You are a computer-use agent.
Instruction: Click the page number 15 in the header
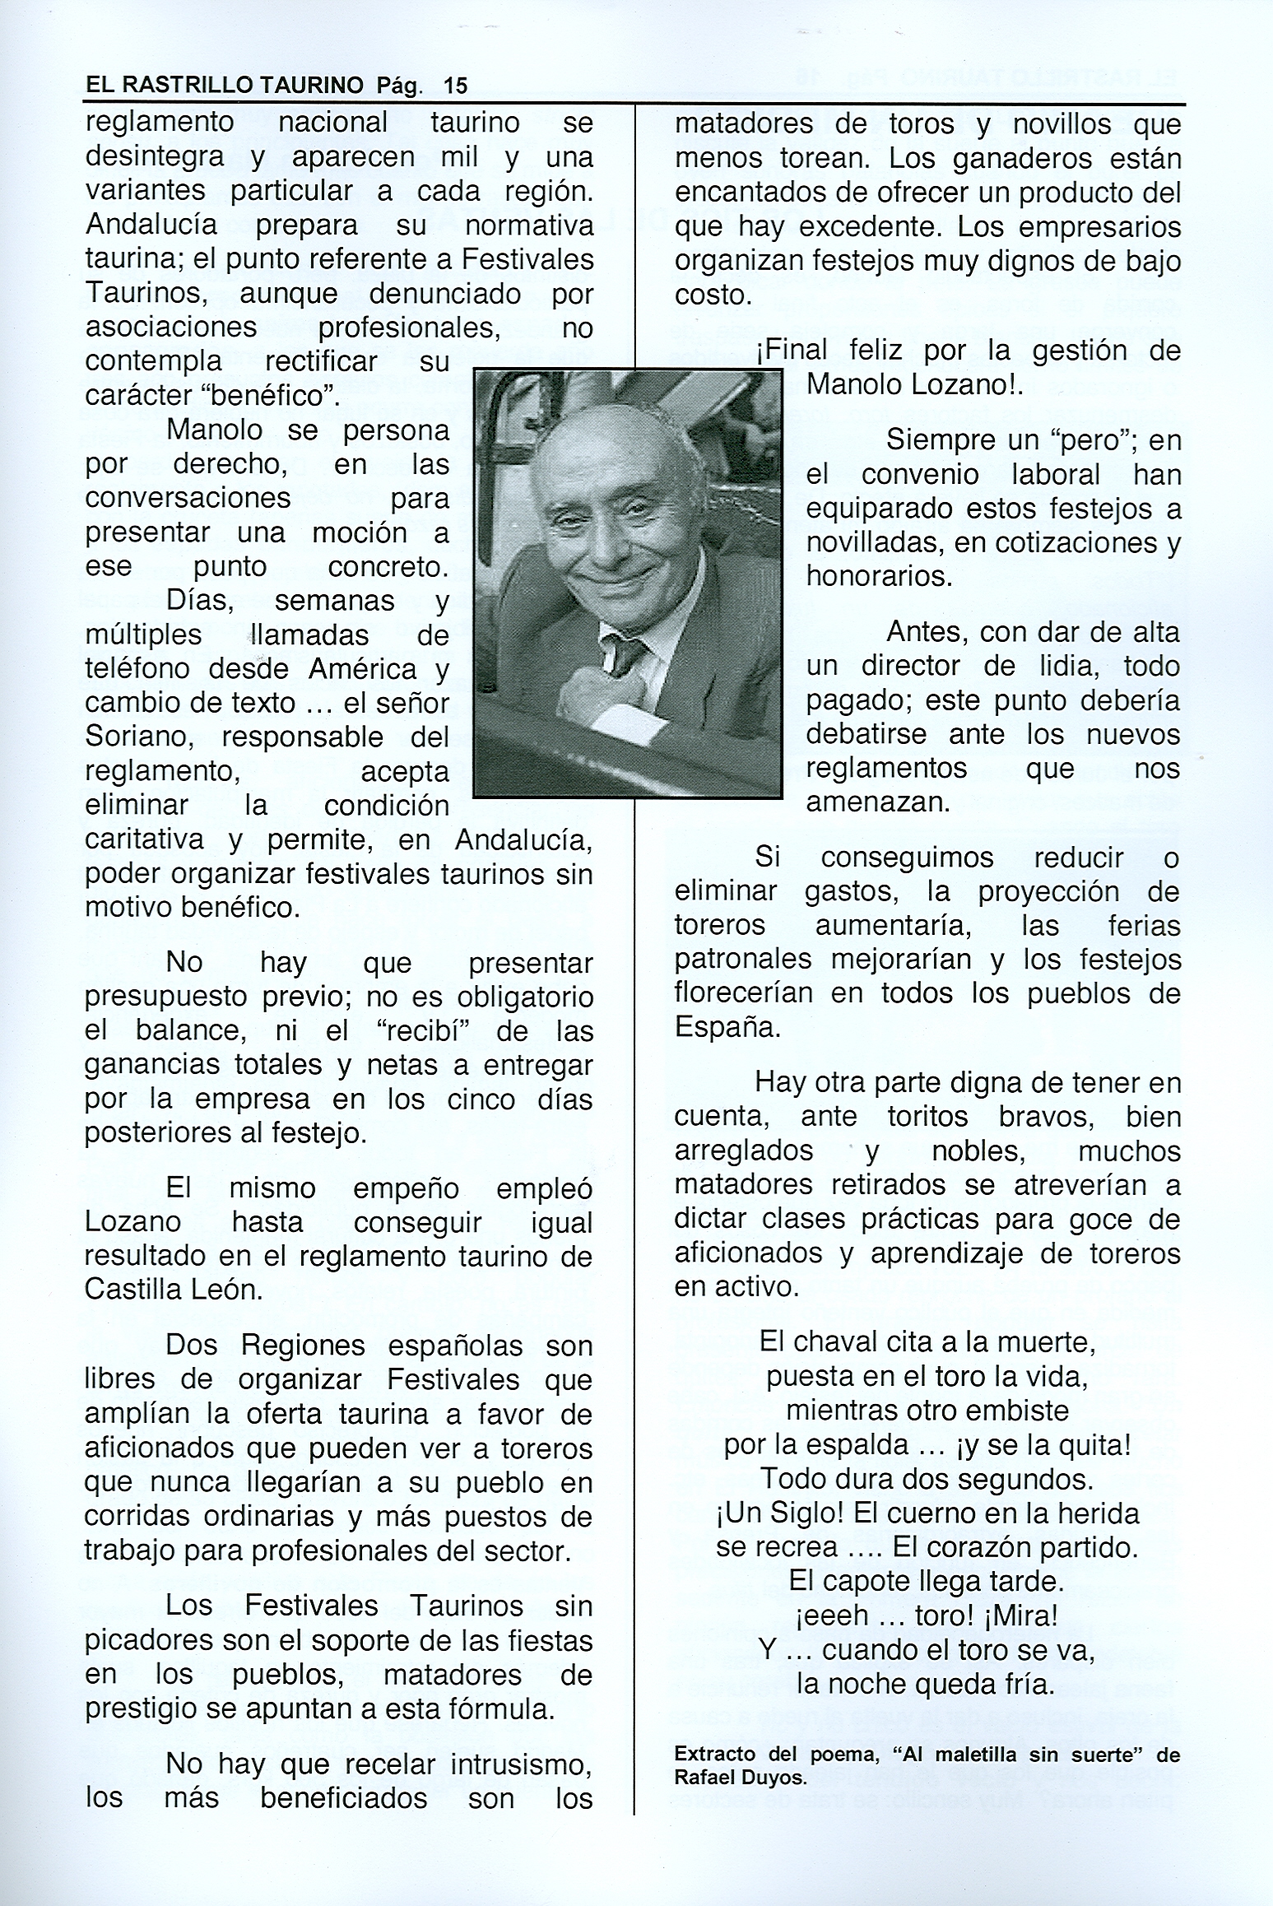454,85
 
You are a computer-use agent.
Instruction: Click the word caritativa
144,839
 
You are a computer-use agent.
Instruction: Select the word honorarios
878,576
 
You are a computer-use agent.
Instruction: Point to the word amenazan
877,802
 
